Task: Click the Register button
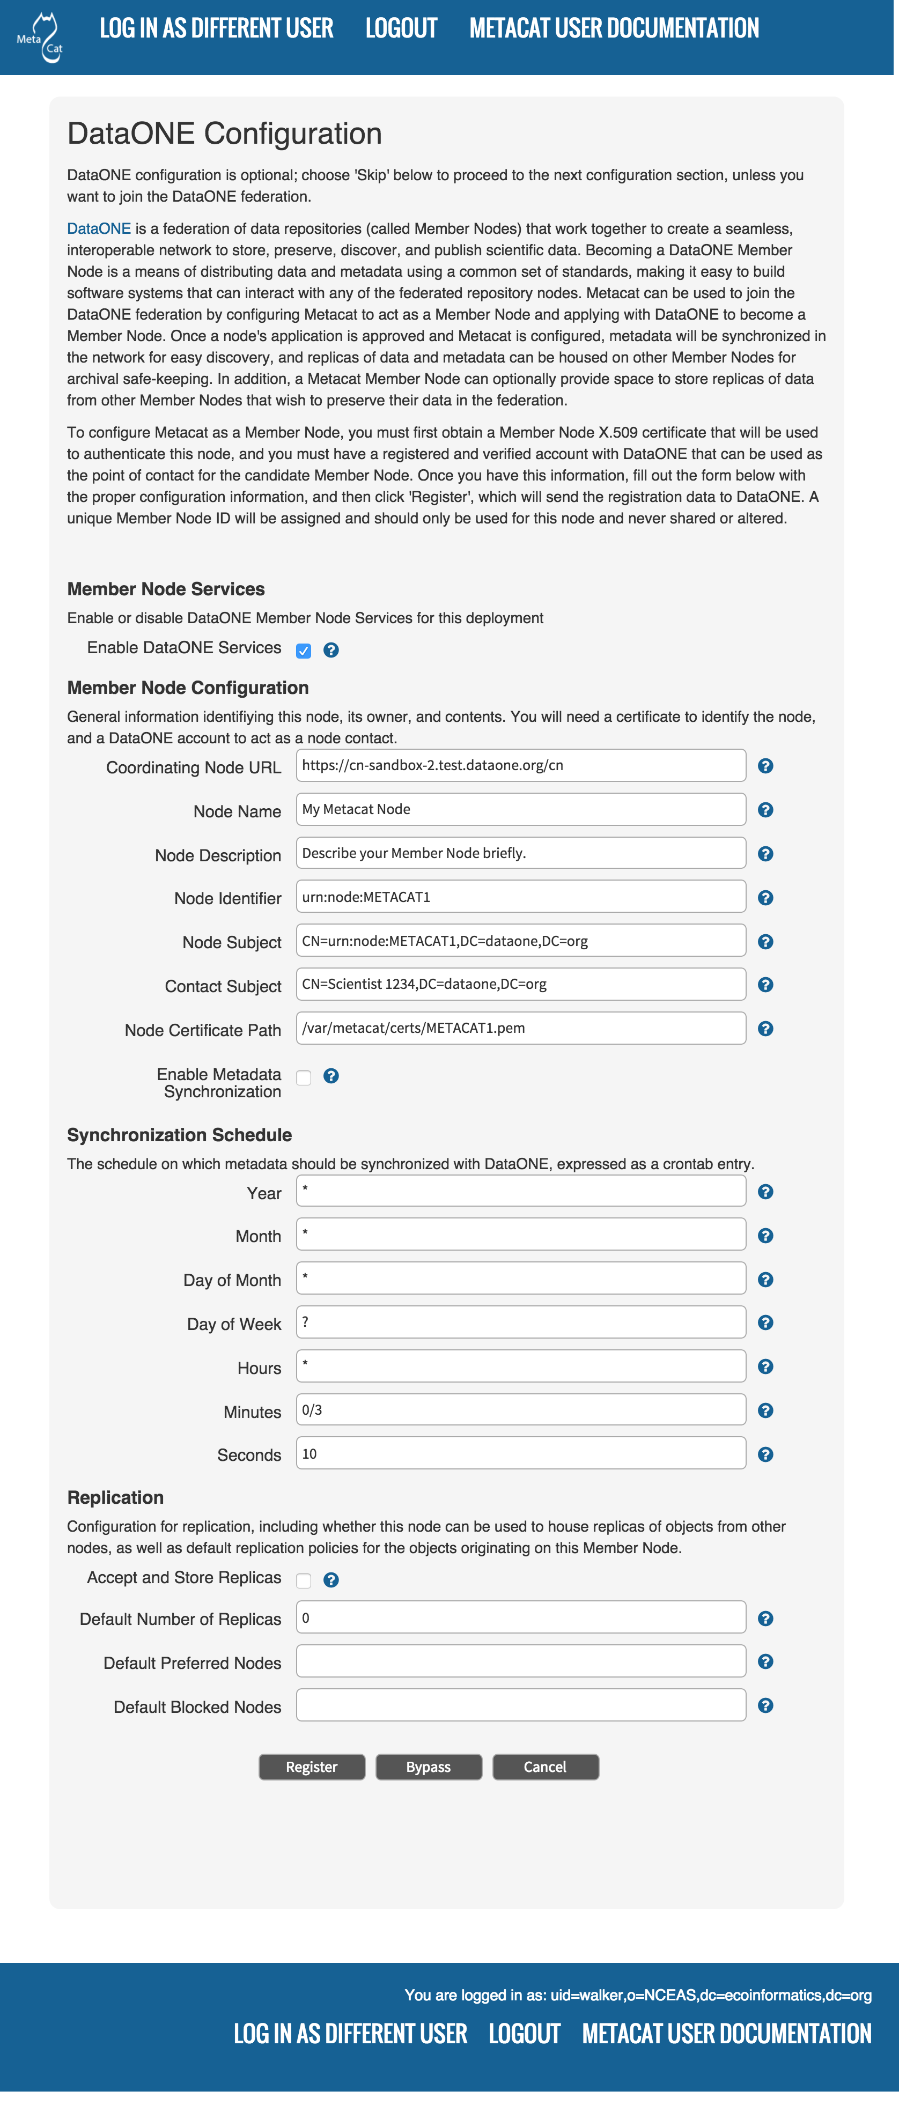(x=312, y=1767)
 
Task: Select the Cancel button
(x=546, y=1767)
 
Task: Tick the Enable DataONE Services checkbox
(x=304, y=651)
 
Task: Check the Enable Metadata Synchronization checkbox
(x=304, y=1078)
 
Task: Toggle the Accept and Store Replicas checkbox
(x=304, y=1580)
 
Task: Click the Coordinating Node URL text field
(x=521, y=765)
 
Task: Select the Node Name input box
(x=521, y=810)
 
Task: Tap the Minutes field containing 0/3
(x=521, y=1410)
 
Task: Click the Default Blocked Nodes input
(x=521, y=1705)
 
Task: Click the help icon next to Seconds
(x=765, y=1454)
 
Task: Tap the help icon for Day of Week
(x=765, y=1323)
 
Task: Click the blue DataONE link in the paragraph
(x=99, y=229)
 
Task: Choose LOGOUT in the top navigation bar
(x=401, y=29)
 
